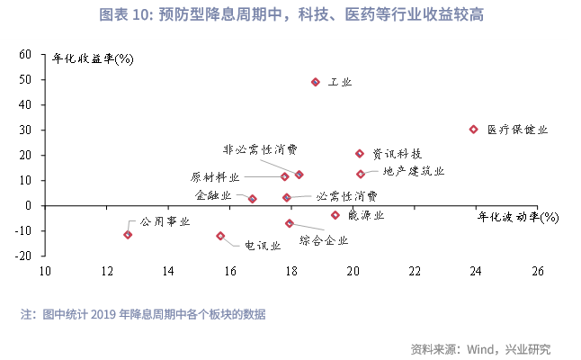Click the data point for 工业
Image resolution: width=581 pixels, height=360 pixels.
tap(316, 82)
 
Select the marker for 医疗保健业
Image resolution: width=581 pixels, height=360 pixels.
tap(474, 130)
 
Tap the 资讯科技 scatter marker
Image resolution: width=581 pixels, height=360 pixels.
tap(360, 154)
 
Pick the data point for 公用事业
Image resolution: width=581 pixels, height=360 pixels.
tap(128, 235)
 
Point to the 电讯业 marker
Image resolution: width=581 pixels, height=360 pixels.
tap(220, 236)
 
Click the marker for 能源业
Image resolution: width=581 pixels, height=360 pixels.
tap(335, 215)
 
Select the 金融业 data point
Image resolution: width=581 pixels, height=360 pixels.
tap(253, 199)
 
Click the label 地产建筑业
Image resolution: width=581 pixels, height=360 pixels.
tap(413, 171)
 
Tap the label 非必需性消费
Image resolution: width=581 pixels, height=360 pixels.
tap(261, 149)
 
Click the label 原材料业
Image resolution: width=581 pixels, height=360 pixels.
tap(215, 176)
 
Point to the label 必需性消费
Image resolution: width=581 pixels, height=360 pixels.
tap(346, 195)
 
